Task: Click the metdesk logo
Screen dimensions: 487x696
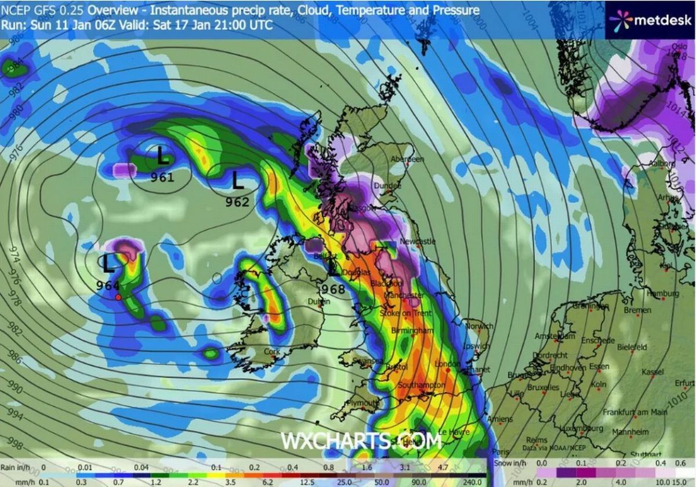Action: (650, 20)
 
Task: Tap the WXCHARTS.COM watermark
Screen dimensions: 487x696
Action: (360, 441)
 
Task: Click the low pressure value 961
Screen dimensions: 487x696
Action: (162, 178)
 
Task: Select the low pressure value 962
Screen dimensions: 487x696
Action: (237, 202)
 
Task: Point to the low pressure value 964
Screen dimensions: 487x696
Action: (108, 285)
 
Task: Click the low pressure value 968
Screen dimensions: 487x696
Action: (333, 290)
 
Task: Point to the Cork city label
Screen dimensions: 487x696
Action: (271, 351)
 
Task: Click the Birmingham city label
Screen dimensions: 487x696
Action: (412, 331)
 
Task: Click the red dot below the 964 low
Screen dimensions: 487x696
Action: (118, 297)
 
